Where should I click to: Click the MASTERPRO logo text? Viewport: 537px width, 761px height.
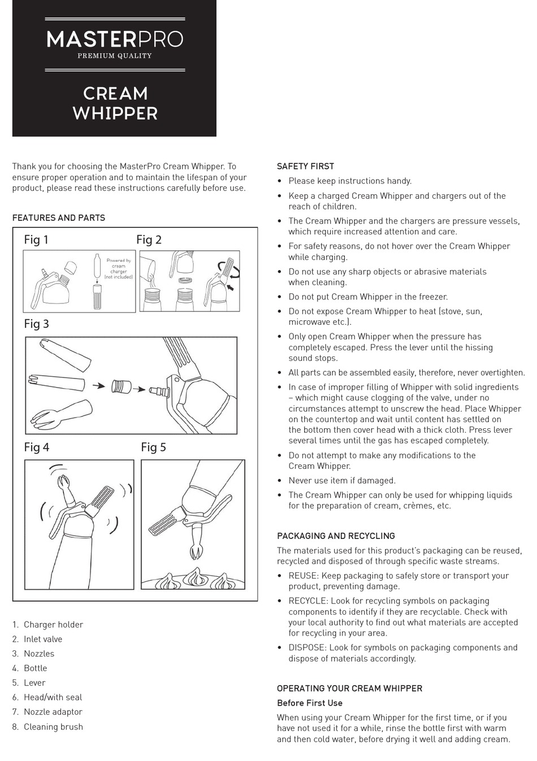tap(115, 39)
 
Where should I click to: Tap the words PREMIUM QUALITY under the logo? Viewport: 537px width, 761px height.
tap(115, 56)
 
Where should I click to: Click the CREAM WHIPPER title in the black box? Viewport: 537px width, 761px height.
tap(115, 103)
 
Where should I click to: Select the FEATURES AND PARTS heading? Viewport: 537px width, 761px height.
tap(59, 218)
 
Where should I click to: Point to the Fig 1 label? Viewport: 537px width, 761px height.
tap(36, 240)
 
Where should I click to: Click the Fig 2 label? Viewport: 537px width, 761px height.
tap(149, 240)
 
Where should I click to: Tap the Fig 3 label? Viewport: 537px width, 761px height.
tap(36, 324)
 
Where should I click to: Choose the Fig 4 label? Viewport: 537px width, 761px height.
tap(36, 447)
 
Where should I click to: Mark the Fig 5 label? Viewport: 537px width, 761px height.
tap(153, 447)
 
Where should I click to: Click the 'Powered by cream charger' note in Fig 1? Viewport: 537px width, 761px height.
tap(119, 268)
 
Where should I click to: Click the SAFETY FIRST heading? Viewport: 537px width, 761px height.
tap(305, 166)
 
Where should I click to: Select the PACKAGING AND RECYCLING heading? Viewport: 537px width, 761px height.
tap(336, 536)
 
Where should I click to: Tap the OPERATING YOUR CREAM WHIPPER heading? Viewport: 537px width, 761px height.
tap(349, 688)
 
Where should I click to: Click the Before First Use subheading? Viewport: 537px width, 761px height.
tap(310, 703)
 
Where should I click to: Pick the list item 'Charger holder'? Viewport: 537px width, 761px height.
tap(53, 624)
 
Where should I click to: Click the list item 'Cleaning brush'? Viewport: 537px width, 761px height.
tap(53, 727)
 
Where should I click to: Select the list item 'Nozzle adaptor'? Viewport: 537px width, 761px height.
tap(53, 712)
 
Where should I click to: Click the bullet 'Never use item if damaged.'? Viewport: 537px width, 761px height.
tap(342, 480)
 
